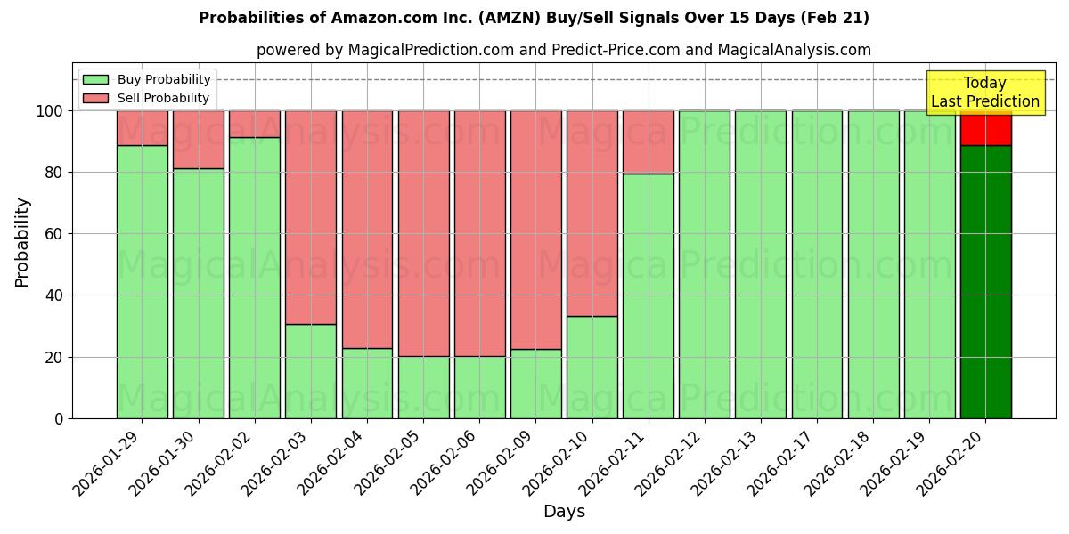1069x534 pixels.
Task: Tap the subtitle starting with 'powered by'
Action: point(563,50)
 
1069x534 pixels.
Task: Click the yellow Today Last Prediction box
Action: point(984,93)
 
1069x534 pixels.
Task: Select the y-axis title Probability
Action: point(22,242)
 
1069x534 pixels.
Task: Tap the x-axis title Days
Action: point(564,512)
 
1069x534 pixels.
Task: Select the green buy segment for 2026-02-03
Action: point(311,371)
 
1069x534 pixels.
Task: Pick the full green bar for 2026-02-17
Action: point(817,264)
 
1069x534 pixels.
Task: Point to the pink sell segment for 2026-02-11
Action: point(649,142)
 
